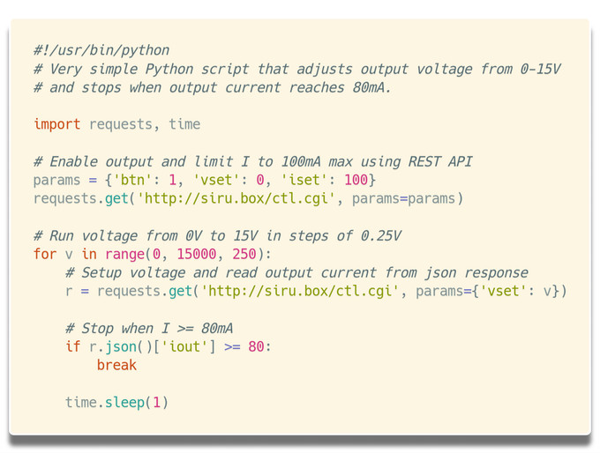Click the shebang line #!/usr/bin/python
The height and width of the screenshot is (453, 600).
pyautogui.click(x=101, y=50)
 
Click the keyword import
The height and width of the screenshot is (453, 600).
pyautogui.click(x=57, y=124)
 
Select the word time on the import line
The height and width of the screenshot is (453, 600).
pyautogui.click(x=184, y=124)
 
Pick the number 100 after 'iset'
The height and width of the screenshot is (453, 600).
pyautogui.click(x=356, y=180)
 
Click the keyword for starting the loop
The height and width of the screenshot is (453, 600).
pyautogui.click(x=45, y=254)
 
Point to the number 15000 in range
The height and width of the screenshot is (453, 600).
pyautogui.click(x=196, y=254)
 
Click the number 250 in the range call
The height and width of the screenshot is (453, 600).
pyautogui.click(x=244, y=254)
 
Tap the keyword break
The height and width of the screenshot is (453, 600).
pyautogui.click(x=116, y=365)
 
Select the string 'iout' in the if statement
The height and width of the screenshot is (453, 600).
pyautogui.click(x=184, y=346)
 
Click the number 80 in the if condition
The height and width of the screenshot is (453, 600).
pyautogui.click(x=256, y=346)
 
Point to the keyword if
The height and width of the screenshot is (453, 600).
pyautogui.click(x=72, y=346)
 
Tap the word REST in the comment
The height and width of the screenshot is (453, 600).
pyautogui.click(x=424, y=161)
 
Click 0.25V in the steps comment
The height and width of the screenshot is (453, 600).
pyautogui.click(x=381, y=235)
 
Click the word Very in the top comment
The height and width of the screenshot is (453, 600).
pyautogui.click(x=65, y=70)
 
